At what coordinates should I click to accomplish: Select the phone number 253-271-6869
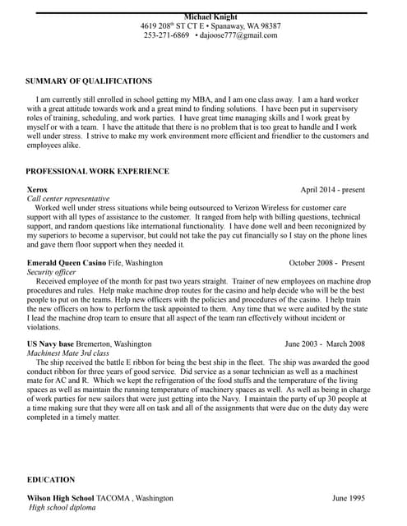point(166,35)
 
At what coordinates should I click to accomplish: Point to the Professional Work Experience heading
point(98,171)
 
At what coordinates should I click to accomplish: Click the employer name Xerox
point(38,189)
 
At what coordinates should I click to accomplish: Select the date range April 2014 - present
point(332,189)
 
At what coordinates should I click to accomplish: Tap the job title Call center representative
point(68,199)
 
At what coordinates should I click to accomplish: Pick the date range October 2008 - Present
point(326,263)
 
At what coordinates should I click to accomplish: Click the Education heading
point(51,479)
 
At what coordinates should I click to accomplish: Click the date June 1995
point(349,498)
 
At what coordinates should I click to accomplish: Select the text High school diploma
point(62,508)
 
